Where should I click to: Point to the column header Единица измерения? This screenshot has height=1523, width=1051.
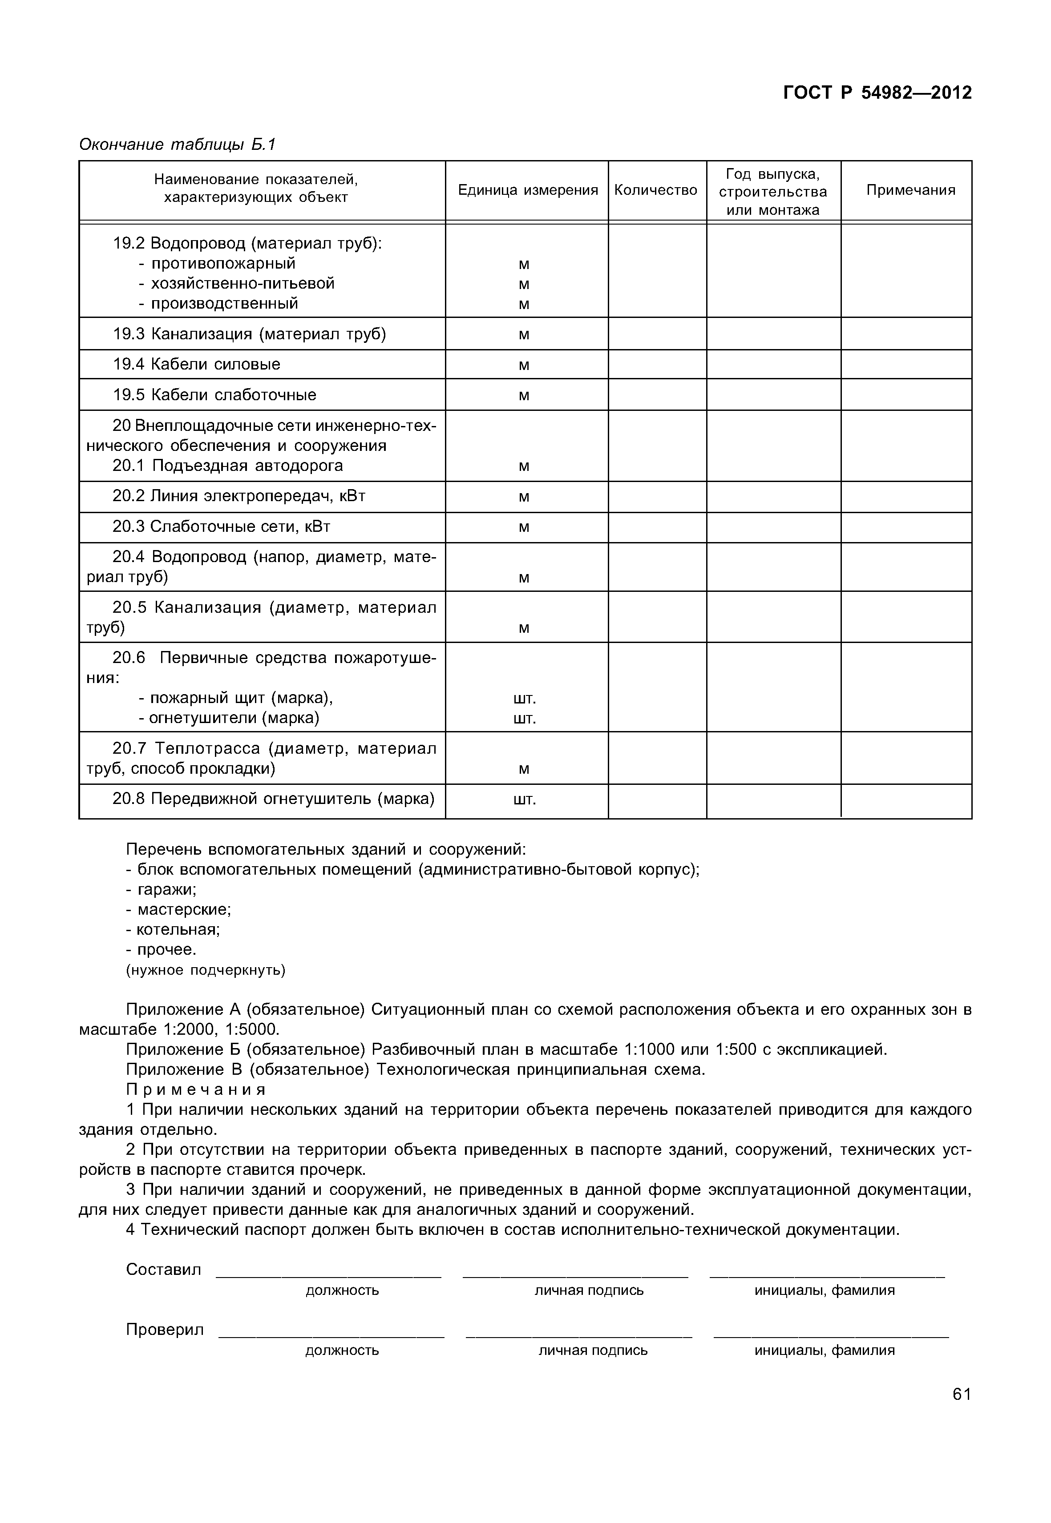point(527,190)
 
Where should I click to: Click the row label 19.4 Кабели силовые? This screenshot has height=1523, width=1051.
point(196,364)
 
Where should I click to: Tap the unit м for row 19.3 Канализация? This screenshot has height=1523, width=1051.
point(524,334)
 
